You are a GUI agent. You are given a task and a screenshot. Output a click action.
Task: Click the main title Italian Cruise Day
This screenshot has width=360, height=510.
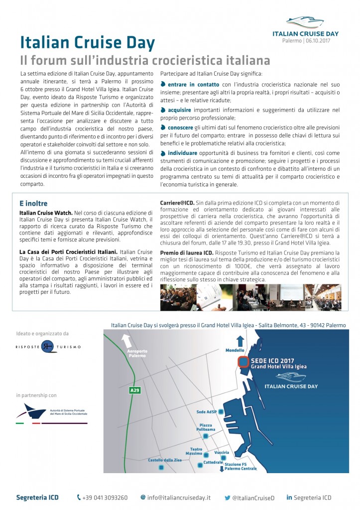(87, 41)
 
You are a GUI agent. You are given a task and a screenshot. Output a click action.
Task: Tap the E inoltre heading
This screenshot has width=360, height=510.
(33, 204)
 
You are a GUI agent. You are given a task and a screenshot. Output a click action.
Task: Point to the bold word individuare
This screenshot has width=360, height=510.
(182, 152)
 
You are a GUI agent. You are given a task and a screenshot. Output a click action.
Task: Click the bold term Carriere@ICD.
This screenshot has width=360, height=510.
(177, 203)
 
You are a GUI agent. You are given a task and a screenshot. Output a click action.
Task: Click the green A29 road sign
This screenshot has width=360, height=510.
(135, 390)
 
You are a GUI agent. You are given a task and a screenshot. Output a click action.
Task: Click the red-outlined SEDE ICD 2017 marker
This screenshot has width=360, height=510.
(243, 362)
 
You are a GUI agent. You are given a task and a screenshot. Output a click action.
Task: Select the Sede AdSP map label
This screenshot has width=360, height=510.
(208, 412)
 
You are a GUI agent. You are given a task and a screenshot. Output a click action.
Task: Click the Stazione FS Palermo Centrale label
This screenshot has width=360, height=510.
(240, 467)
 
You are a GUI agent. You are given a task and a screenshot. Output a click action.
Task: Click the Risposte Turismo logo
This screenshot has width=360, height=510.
(47, 347)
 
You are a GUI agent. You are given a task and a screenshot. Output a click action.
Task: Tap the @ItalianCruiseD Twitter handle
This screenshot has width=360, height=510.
(252, 497)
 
